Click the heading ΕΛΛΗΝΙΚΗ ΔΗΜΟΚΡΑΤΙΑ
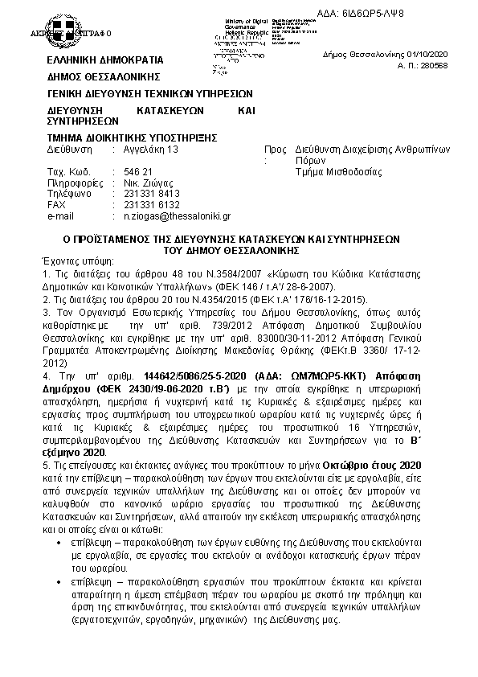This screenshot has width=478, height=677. (x=105, y=60)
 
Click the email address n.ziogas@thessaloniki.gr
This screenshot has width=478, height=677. (x=177, y=216)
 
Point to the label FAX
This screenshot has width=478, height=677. (x=56, y=205)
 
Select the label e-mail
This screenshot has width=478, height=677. (x=60, y=216)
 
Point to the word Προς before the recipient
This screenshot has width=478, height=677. (x=276, y=150)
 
